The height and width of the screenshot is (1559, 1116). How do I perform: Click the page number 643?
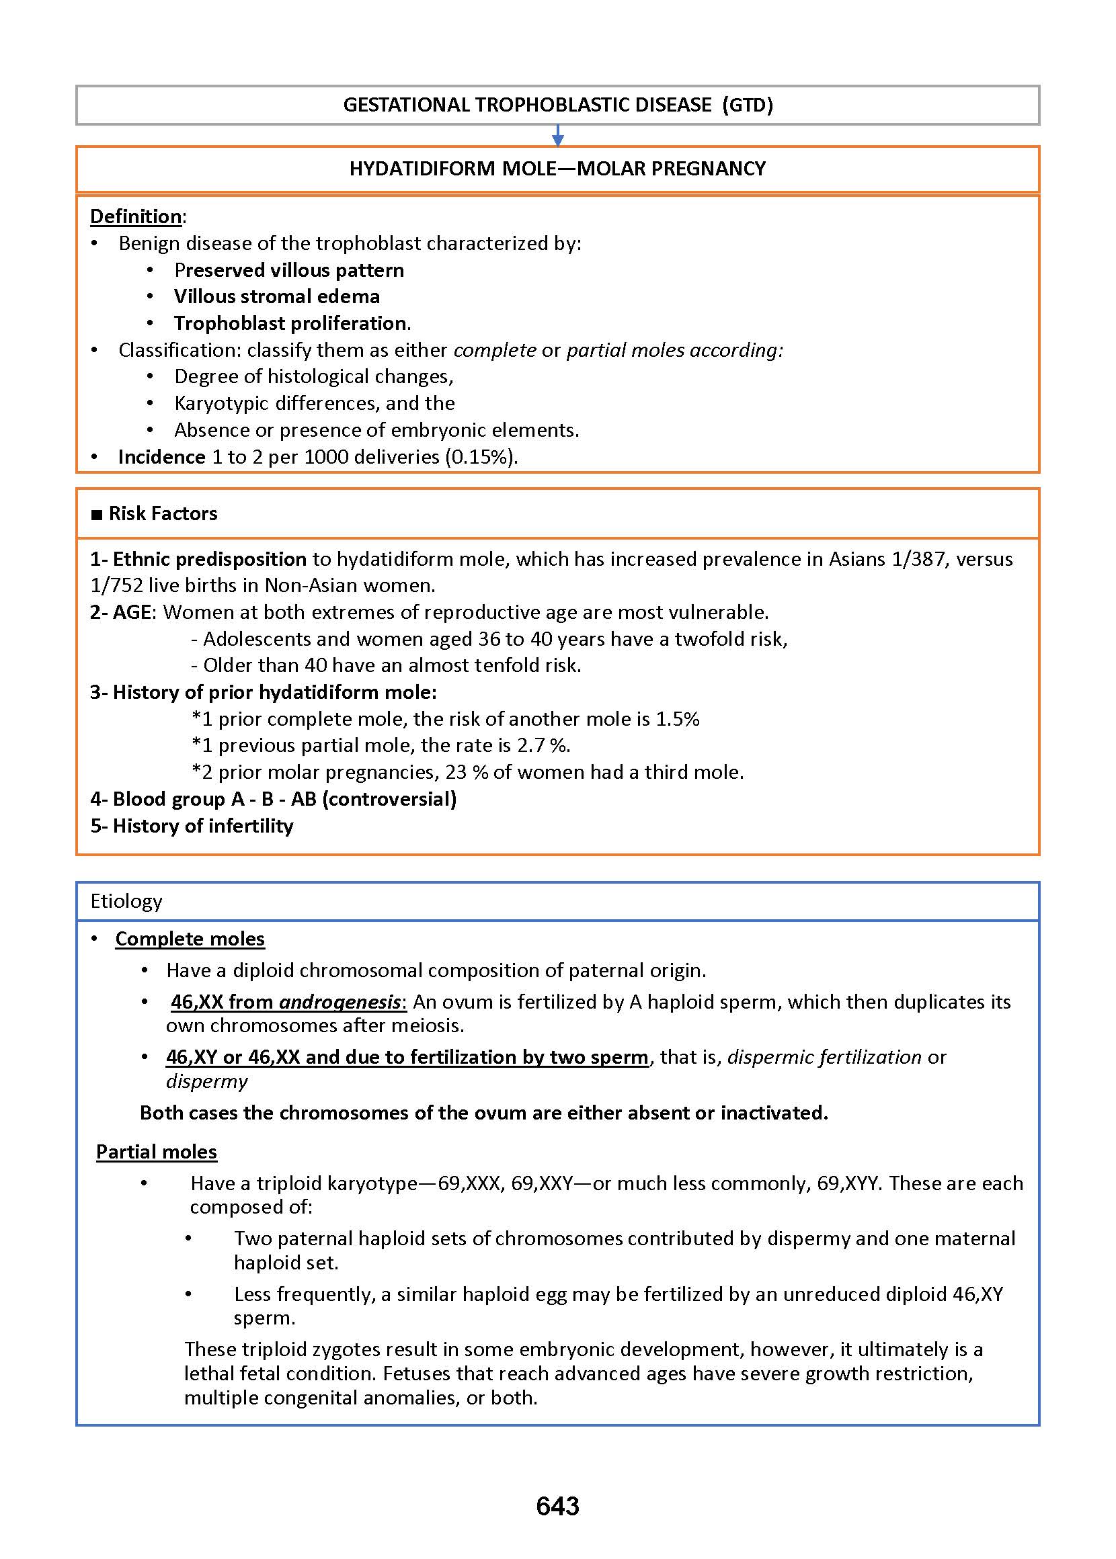pos(557,1506)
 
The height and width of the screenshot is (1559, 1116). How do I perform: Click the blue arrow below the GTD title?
pos(558,135)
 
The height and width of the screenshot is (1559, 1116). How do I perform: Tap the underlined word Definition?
pos(136,216)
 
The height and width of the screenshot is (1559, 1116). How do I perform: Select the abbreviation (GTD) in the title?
pos(748,105)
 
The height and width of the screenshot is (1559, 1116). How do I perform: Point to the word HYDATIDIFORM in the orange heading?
pos(422,169)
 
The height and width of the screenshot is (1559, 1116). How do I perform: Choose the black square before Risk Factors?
pos(97,513)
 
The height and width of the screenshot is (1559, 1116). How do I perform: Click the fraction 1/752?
pos(116,585)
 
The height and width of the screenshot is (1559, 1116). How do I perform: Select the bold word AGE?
pos(132,612)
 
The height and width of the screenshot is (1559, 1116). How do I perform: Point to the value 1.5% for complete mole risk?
pos(677,719)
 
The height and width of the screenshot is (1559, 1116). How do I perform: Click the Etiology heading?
pos(126,901)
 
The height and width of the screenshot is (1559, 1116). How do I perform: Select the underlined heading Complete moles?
pos(190,939)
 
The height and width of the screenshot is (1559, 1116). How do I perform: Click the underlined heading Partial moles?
pos(157,1152)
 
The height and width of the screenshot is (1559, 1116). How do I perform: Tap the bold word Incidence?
pos(161,457)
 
